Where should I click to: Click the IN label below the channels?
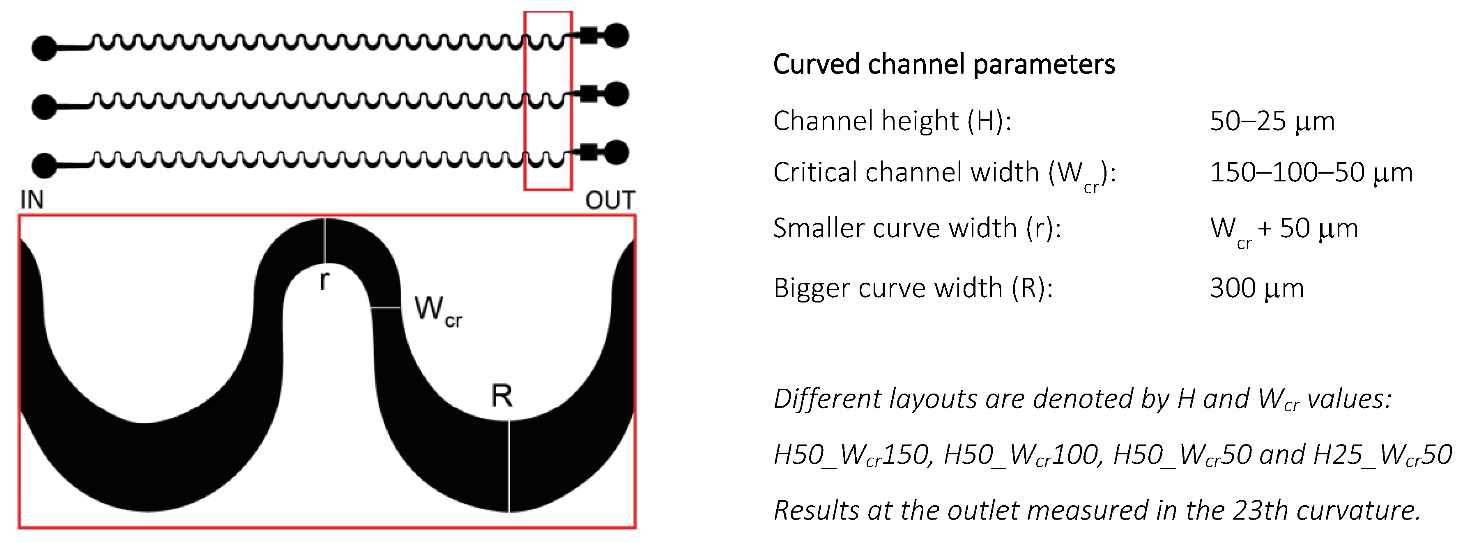pos(32,200)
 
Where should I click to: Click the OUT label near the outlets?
pos(610,200)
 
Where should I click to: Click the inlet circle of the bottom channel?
pos(44,165)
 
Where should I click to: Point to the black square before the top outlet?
pos(589,36)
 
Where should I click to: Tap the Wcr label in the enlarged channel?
pos(438,311)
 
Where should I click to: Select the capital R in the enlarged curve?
pos(501,396)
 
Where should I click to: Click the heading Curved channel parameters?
pos(944,64)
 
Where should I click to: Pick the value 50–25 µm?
pos(1272,121)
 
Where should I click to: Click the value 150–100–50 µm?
pos(1311,172)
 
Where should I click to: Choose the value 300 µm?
pos(1256,288)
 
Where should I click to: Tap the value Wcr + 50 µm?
pos(1284,229)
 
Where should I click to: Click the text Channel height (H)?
pos(892,121)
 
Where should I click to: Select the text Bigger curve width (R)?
pos(913,288)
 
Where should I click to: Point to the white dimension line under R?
pos(509,465)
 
